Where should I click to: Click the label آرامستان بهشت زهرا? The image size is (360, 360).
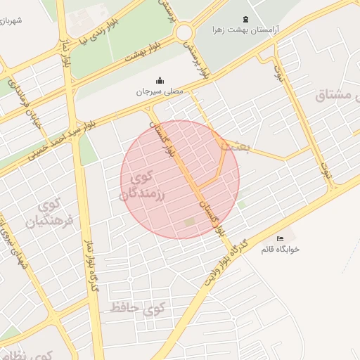245,31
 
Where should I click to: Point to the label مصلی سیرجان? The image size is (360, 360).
159,91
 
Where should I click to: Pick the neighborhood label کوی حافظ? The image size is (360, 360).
137,309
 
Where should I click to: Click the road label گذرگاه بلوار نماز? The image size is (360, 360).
90,262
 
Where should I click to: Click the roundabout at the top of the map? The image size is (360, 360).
185,32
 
